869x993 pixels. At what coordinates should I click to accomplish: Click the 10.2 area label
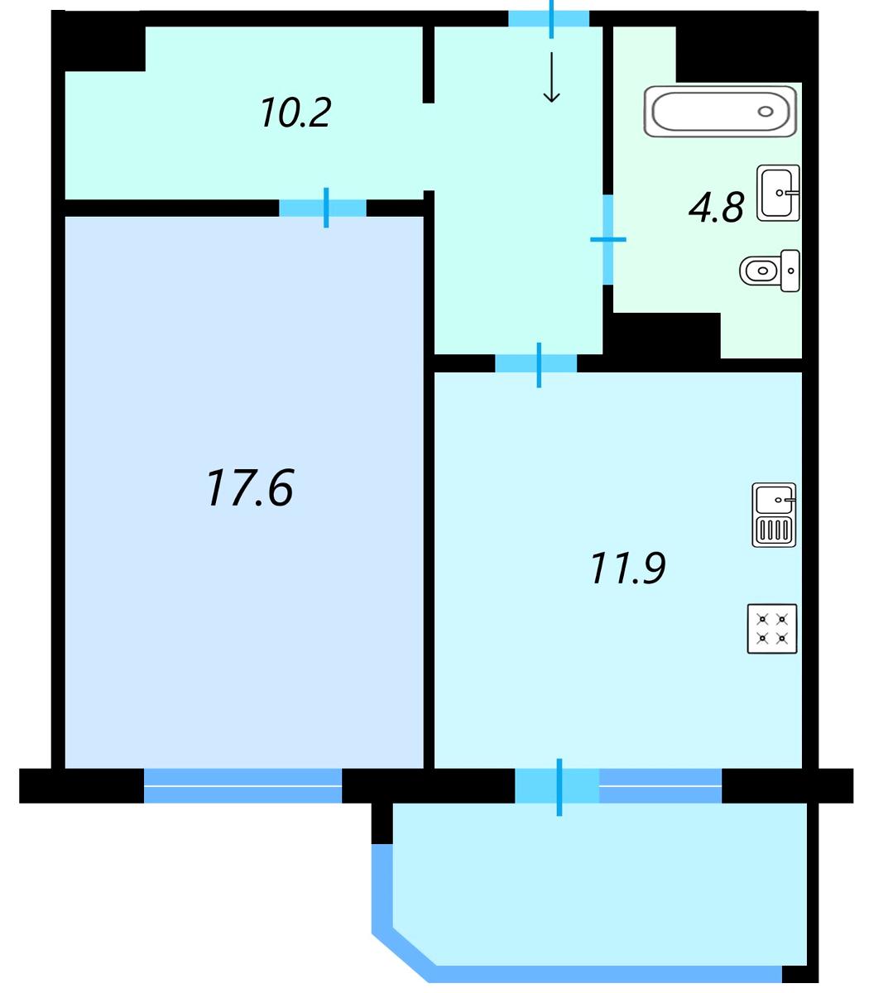point(295,113)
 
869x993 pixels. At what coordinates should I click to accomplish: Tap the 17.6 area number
point(251,487)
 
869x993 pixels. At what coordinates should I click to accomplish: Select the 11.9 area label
point(627,568)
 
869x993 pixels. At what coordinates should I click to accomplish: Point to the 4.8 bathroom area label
point(716,207)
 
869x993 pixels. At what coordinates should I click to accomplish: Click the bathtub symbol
point(721,112)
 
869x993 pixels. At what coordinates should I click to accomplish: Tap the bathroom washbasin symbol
point(778,193)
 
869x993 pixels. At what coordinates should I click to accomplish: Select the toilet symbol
point(770,271)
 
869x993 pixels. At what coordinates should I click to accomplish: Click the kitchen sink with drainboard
point(774,515)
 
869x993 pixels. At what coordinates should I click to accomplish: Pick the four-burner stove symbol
point(772,629)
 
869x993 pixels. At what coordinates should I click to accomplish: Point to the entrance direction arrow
point(551,78)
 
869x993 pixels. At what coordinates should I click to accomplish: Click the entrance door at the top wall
point(549,18)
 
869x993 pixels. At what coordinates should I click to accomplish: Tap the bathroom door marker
point(607,239)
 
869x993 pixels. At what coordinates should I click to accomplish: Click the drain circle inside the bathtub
point(766,112)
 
